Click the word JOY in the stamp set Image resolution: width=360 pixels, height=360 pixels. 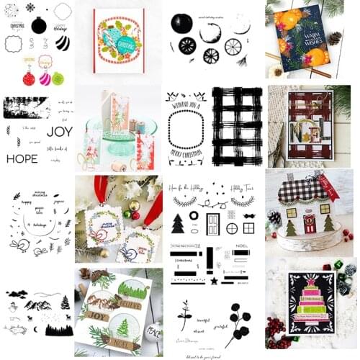tap(59, 132)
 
